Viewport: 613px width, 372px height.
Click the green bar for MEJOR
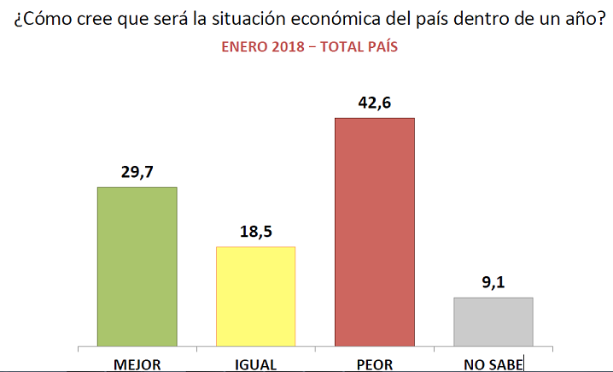pyautogui.click(x=137, y=267)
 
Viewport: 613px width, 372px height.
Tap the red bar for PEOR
pyautogui.click(x=375, y=232)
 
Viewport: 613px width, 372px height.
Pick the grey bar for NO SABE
pyautogui.click(x=493, y=322)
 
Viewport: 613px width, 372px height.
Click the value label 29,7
pyautogui.click(x=137, y=172)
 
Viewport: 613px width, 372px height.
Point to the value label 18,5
pyautogui.click(x=255, y=232)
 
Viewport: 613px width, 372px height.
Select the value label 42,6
pyautogui.click(x=375, y=103)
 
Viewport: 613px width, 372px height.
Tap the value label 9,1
pyautogui.click(x=493, y=282)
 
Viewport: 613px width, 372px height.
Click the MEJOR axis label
pyautogui.click(x=137, y=364)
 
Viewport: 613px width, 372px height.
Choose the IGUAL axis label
pyautogui.click(x=255, y=364)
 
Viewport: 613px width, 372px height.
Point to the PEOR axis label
pyautogui.click(x=375, y=364)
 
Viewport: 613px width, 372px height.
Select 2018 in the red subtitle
pyautogui.click(x=287, y=48)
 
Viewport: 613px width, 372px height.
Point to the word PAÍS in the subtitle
pyautogui.click(x=379, y=48)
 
